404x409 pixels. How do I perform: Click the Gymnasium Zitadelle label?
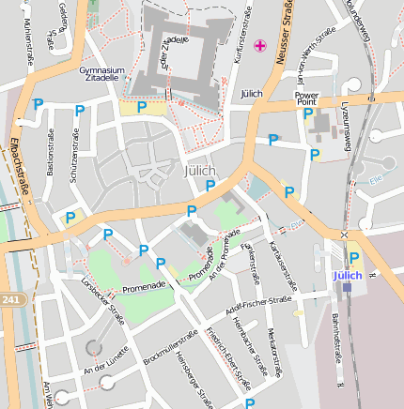point(101,74)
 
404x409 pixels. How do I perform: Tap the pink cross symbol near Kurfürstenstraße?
point(260,45)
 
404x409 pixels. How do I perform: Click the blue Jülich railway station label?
point(347,275)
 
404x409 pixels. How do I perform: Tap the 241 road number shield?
point(9,299)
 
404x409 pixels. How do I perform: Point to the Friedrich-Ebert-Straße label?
point(228,357)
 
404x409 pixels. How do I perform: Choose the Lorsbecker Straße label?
point(102,293)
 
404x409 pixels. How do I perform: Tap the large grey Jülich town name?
point(197,170)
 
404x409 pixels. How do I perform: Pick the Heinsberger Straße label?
point(192,380)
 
